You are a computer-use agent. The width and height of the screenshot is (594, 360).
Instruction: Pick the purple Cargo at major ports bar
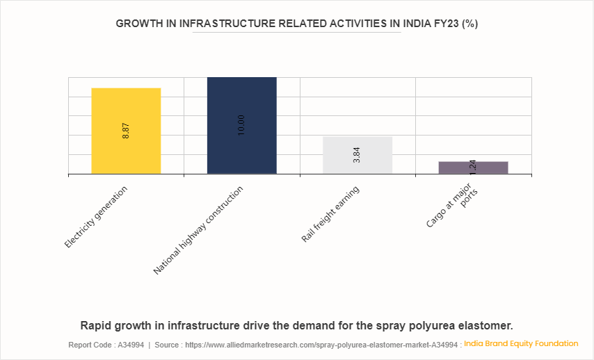(x=473, y=167)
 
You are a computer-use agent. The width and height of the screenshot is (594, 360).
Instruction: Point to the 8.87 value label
(x=126, y=131)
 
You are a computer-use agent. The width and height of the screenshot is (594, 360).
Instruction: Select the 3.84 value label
(x=357, y=155)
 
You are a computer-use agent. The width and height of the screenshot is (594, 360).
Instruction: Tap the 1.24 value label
(x=473, y=167)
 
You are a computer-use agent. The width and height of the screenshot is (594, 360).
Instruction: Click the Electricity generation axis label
(x=96, y=217)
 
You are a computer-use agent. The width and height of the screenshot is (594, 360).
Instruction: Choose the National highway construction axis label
(x=199, y=230)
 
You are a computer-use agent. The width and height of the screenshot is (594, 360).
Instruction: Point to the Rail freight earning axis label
(x=330, y=214)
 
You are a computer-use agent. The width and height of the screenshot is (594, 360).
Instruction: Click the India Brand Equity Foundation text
(x=521, y=343)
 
